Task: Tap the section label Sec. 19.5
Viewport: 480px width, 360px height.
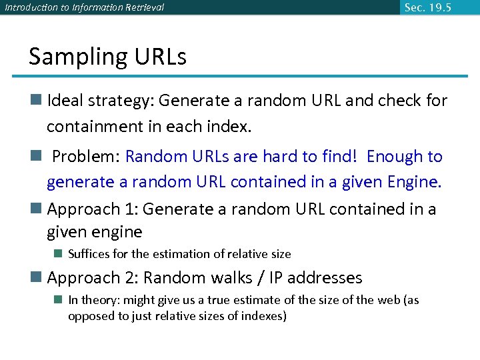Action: click(427, 7)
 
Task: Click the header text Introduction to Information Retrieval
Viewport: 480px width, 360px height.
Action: click(84, 8)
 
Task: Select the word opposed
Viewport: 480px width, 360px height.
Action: click(91, 315)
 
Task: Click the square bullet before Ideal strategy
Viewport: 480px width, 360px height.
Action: click(36, 101)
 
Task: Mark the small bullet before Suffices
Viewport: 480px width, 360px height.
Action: click(59, 254)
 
